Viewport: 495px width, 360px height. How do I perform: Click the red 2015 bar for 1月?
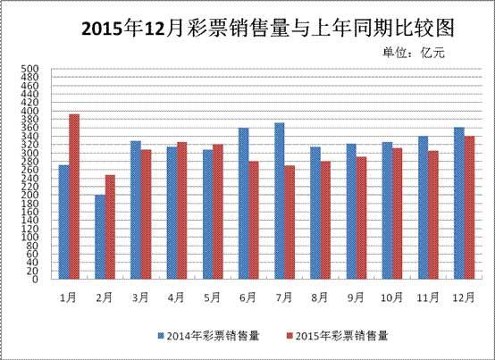74,197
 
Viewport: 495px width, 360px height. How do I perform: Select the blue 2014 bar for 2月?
100,237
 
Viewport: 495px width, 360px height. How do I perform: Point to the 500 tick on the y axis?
29,69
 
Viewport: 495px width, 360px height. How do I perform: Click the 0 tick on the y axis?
34,279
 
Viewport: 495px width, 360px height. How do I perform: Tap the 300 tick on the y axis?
29,153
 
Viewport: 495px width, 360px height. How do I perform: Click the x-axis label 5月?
213,296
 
